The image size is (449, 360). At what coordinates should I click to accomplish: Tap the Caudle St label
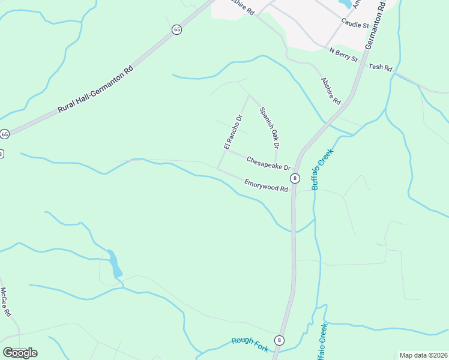(x=354, y=23)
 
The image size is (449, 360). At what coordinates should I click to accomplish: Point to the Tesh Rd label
(x=380, y=67)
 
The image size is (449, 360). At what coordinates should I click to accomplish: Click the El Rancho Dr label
(x=232, y=132)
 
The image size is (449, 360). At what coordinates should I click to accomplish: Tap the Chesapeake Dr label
(x=268, y=163)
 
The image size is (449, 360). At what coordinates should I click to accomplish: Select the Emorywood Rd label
(x=266, y=185)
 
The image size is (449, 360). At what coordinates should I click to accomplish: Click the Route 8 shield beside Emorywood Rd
(x=295, y=178)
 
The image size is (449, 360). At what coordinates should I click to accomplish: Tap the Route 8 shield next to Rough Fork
(x=279, y=340)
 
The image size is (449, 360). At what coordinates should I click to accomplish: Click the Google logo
(x=20, y=352)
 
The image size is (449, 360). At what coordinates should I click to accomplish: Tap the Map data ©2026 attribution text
(x=423, y=355)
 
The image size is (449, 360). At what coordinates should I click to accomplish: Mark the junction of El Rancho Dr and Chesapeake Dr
(x=226, y=150)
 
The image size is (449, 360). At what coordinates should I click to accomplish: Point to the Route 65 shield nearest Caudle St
(x=176, y=29)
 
